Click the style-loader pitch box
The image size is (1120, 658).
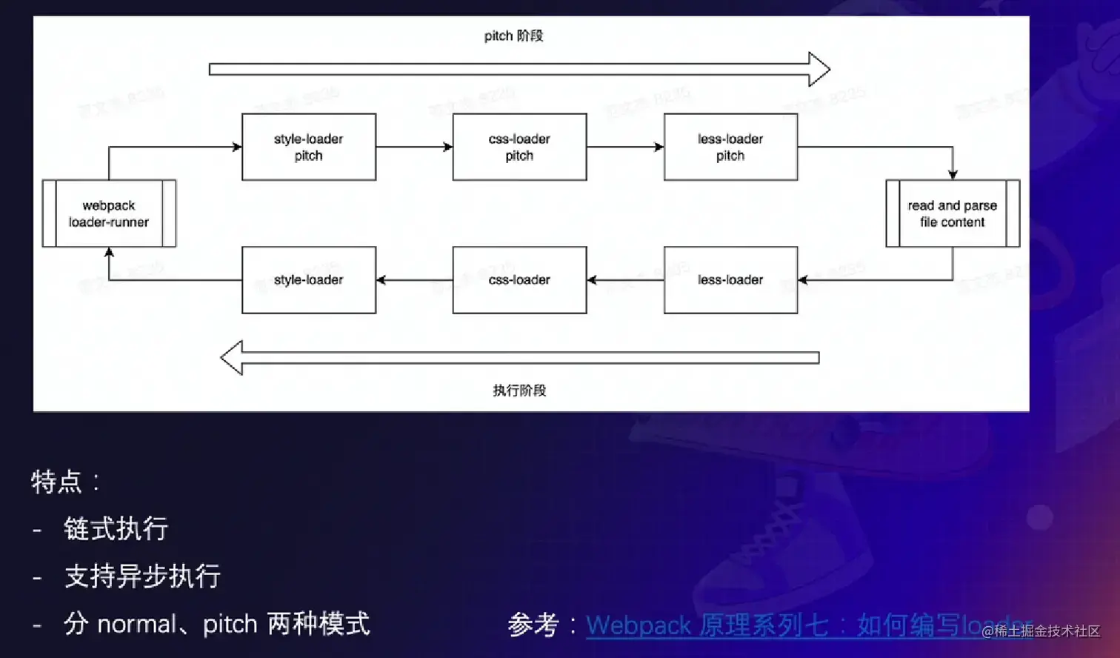[309, 147]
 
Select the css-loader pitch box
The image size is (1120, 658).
[519, 147]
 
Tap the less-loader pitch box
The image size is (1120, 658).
[730, 147]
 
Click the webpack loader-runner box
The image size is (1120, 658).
[109, 213]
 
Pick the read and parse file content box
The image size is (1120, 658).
[953, 213]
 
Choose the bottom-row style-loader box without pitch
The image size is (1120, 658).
[309, 280]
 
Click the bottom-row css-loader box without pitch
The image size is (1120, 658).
[519, 280]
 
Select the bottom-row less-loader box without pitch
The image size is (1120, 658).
[730, 280]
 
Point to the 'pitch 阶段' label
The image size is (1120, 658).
[513, 36]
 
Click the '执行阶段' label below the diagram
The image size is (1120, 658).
[519, 391]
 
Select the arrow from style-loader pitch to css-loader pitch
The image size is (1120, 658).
[414, 147]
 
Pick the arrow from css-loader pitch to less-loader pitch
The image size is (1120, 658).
[625, 147]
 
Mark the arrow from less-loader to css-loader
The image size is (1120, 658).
[625, 280]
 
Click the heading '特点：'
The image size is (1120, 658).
[65, 482]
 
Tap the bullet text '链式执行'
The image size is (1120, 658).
[116, 529]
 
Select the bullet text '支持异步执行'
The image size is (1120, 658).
[143, 576]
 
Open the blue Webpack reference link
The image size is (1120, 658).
[778, 625]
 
